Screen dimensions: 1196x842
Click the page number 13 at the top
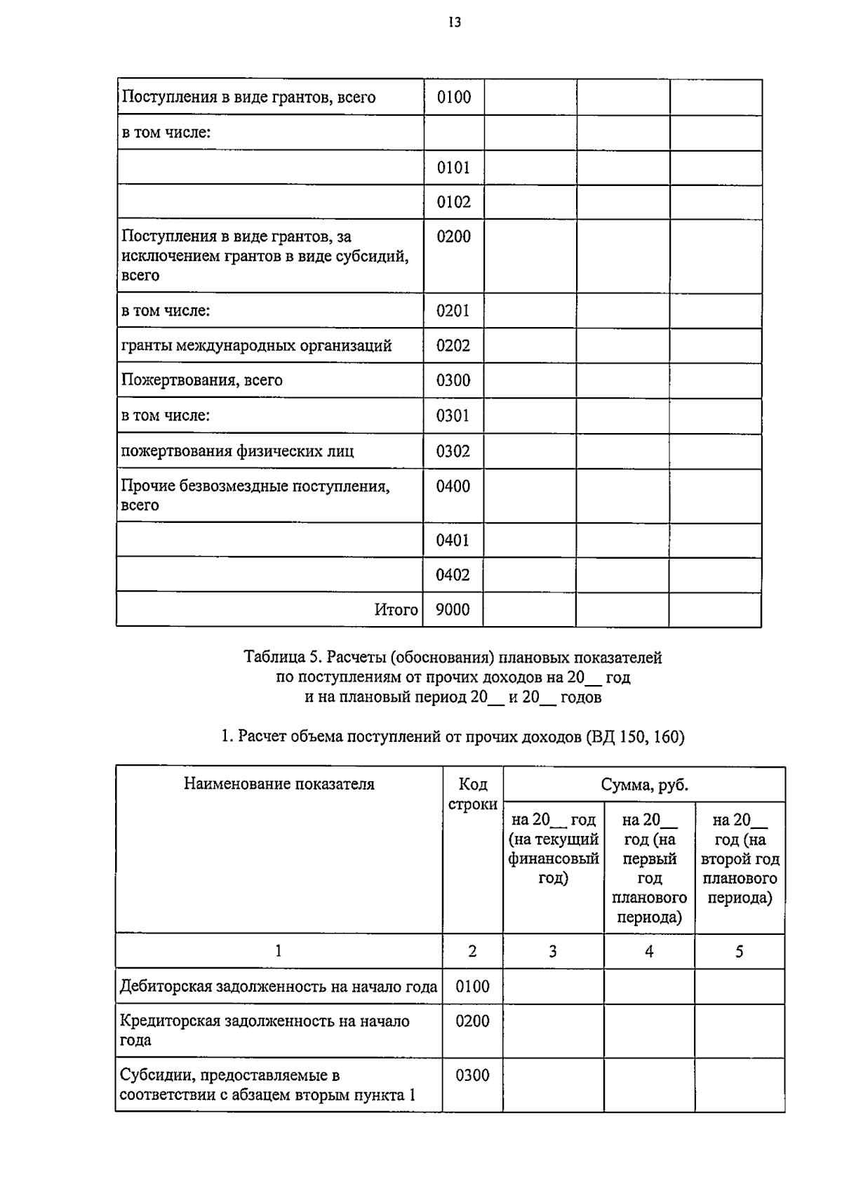pyautogui.click(x=455, y=22)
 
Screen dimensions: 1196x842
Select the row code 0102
pyautogui.click(x=453, y=202)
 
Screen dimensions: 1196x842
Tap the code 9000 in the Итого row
pyautogui.click(x=453, y=609)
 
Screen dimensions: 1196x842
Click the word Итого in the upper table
pyautogui.click(x=396, y=610)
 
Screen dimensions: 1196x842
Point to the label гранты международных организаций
pyautogui.click(x=256, y=345)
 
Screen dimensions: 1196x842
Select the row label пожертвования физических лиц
pyautogui.click(x=237, y=451)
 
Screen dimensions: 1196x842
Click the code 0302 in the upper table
pyautogui.click(x=453, y=451)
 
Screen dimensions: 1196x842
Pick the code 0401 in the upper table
pyautogui.click(x=453, y=540)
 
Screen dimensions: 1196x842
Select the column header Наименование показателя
pyautogui.click(x=279, y=784)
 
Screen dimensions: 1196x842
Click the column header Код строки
pyautogui.click(x=472, y=794)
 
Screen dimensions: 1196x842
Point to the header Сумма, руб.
pyautogui.click(x=644, y=785)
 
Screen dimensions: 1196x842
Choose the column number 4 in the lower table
pyautogui.click(x=649, y=952)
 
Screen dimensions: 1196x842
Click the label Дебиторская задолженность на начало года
pyautogui.click(x=279, y=986)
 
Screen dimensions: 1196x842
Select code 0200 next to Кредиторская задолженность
pyautogui.click(x=472, y=1021)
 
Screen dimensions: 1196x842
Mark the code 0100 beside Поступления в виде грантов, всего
pyautogui.click(x=453, y=97)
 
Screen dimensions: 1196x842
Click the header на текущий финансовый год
pyautogui.click(x=553, y=848)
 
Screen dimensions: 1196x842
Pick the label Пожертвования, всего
pyautogui.click(x=202, y=380)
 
